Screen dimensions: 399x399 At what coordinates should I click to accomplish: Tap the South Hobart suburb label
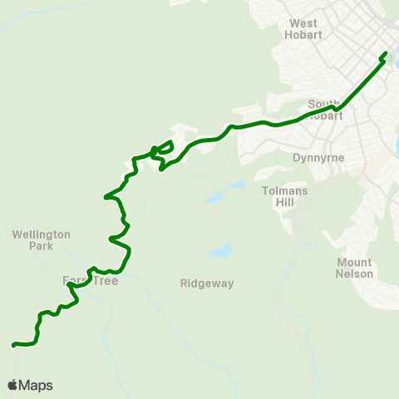(324, 110)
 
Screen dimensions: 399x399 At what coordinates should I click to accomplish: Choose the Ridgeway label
(207, 283)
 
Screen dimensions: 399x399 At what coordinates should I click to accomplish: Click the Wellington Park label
(42, 240)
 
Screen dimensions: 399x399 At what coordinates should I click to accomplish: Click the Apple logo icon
(12, 385)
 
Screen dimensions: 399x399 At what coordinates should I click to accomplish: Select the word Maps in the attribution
(36, 385)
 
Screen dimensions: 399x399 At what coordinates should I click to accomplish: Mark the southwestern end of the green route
(13, 344)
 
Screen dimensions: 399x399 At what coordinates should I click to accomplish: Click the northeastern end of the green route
(386, 55)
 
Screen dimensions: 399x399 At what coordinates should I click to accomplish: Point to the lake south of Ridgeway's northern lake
(221, 250)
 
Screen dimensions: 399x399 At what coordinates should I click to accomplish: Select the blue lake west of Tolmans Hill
(214, 198)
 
